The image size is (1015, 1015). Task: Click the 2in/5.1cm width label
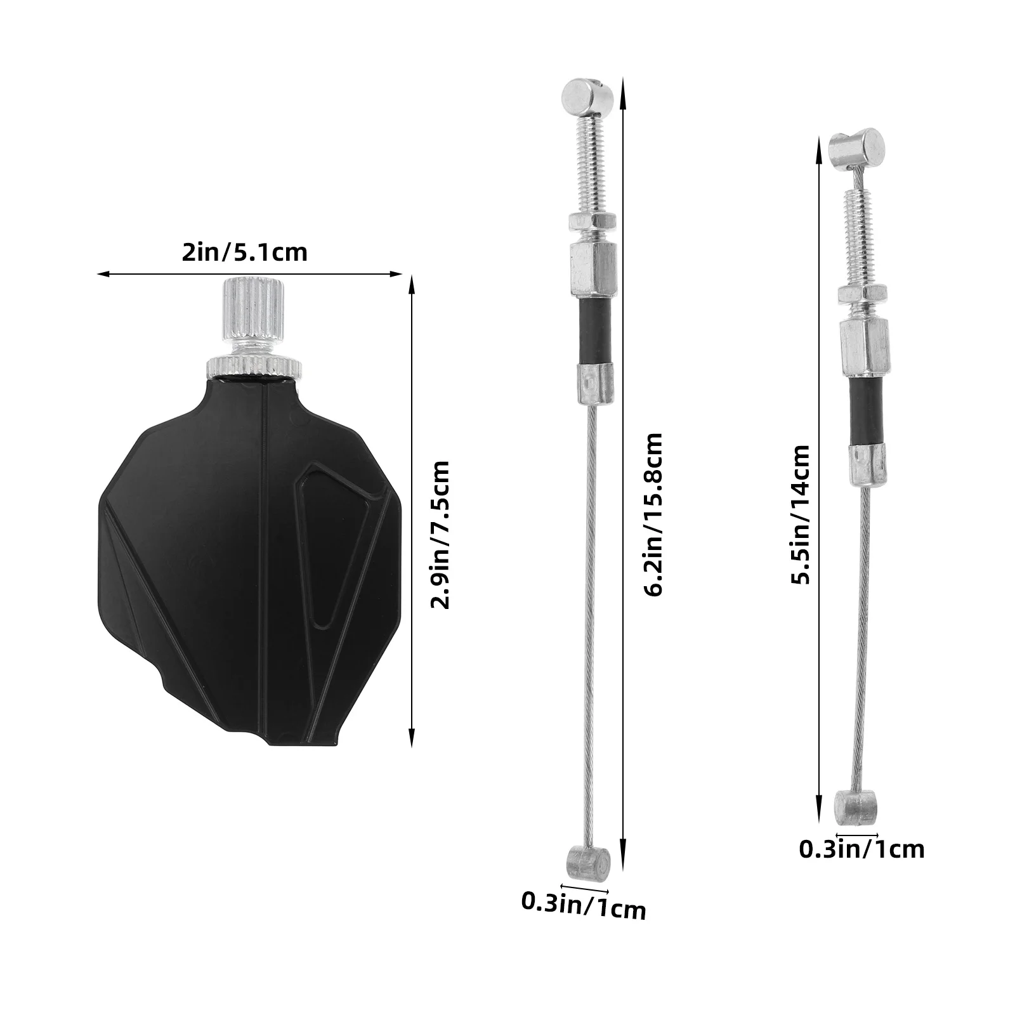[x=244, y=253]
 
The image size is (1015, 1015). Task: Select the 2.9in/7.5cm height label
[x=440, y=535]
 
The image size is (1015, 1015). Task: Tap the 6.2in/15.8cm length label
[x=652, y=514]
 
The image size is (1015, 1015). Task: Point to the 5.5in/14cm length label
[x=800, y=514]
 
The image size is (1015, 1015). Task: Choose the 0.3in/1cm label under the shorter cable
[x=861, y=849]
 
